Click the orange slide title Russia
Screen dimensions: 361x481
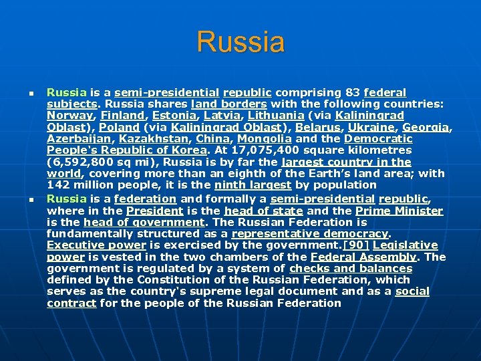(240, 41)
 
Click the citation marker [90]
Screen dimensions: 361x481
(355, 245)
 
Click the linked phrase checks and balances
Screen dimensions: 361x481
(351, 269)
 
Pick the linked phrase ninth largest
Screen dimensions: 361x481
(257, 185)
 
